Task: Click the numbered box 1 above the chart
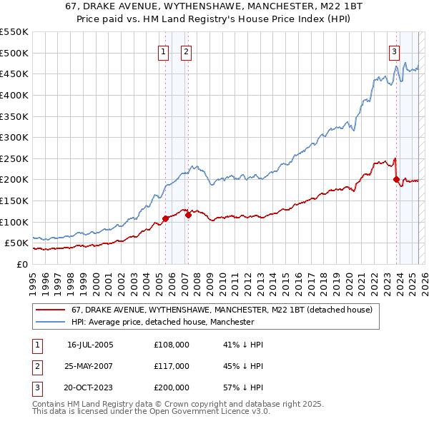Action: click(x=164, y=51)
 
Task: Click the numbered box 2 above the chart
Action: click(x=186, y=51)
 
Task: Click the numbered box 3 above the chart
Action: click(x=394, y=51)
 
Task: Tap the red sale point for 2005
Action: click(x=165, y=218)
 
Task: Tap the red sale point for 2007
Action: click(x=188, y=214)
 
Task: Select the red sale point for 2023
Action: click(x=396, y=180)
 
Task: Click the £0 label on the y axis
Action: click(x=21, y=264)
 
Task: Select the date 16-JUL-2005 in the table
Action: click(x=90, y=345)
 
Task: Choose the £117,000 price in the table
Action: click(x=172, y=366)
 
